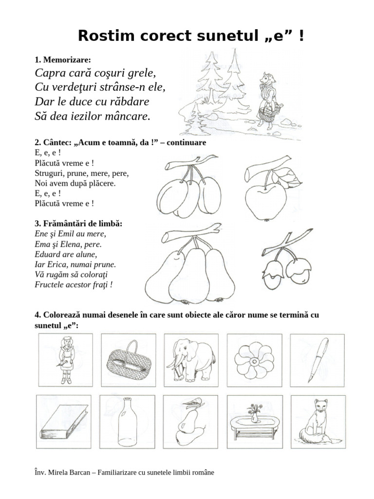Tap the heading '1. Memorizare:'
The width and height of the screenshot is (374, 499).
(63, 60)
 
